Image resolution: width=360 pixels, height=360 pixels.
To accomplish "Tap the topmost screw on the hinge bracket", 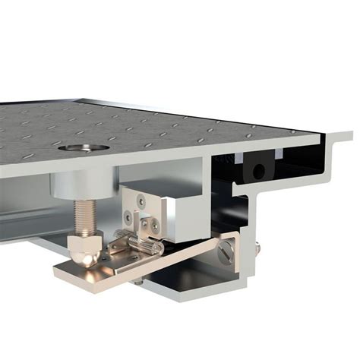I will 140,201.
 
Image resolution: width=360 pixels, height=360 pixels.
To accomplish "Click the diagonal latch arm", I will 182,261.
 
